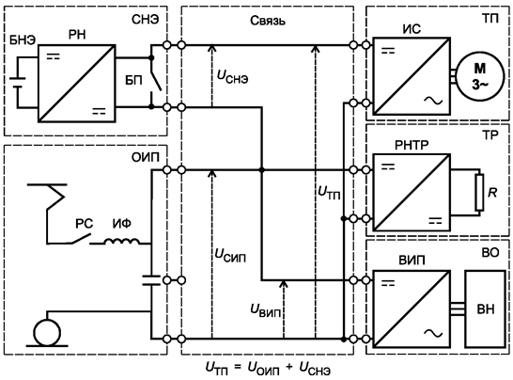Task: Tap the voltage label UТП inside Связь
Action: [x=332, y=195]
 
